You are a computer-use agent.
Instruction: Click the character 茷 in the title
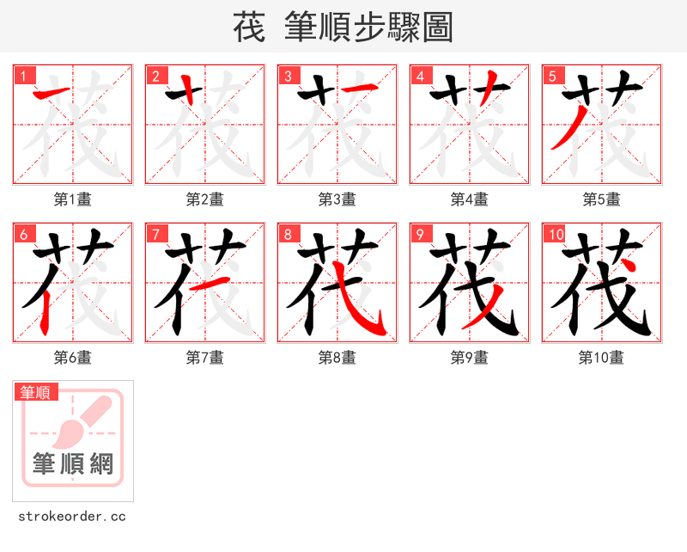tap(248, 28)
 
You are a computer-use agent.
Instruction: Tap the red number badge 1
tap(24, 76)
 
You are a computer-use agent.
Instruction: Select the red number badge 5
tap(553, 76)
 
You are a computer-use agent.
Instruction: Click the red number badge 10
tap(556, 234)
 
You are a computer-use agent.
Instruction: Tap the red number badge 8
tap(289, 234)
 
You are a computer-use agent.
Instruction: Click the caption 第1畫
tap(73, 199)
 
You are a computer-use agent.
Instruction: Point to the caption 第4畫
tap(470, 199)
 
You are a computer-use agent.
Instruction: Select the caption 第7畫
tap(205, 358)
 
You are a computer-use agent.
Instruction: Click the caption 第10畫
tap(601, 358)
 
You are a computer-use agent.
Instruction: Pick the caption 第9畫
tap(470, 358)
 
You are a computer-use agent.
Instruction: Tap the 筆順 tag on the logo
tap(37, 392)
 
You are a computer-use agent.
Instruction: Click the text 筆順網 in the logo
tap(73, 464)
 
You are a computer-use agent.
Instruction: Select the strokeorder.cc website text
tap(72, 516)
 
